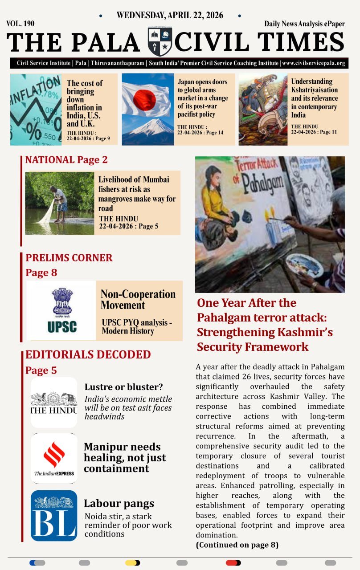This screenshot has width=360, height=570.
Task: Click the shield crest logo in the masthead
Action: coord(160,42)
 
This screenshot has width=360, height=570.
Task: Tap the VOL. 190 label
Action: coord(20,24)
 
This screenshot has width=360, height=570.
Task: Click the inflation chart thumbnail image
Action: coord(36,110)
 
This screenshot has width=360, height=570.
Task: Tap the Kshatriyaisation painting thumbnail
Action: coord(262,110)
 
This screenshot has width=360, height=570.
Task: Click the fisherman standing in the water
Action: coord(60,203)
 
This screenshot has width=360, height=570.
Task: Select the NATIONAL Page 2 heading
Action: coord(66,160)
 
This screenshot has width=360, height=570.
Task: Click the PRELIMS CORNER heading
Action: coord(69,257)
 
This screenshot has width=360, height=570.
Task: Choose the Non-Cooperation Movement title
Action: coord(138,300)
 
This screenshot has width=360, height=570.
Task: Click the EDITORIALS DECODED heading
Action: coord(88,354)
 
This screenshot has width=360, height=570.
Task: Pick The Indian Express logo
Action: coord(54,459)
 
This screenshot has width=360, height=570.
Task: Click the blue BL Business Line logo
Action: coord(54,516)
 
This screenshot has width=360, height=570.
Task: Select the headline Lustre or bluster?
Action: coord(123,387)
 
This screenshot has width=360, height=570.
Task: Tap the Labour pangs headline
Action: coord(119,504)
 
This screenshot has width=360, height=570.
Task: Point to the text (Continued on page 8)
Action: coord(237,545)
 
